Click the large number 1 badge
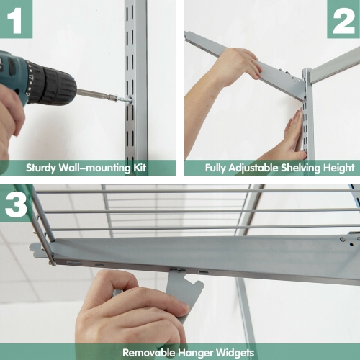[16, 19]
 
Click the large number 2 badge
[343, 19]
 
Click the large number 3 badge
[16, 202]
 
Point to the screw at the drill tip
[123, 96]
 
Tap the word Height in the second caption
[338, 168]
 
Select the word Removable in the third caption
[148, 353]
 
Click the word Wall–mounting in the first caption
[94, 168]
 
